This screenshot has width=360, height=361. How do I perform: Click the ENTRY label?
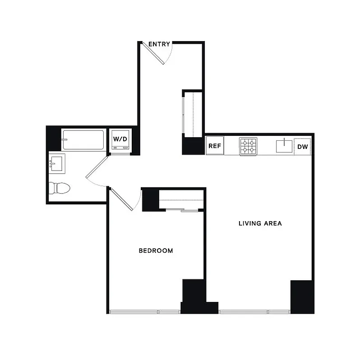tap(159, 44)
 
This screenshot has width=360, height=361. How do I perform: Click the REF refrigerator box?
tap(215, 146)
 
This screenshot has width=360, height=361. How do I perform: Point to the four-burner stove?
tap(248, 146)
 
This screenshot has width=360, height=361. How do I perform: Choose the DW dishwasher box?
tap(303, 146)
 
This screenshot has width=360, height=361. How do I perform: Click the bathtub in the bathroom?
tap(84, 139)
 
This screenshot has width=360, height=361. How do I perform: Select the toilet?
tap(59, 187)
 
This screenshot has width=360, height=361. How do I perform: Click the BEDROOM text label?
tap(156, 251)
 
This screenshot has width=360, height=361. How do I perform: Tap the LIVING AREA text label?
tap(260, 223)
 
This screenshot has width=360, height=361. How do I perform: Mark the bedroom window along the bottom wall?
tap(144, 311)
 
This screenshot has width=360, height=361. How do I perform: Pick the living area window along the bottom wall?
tap(255, 311)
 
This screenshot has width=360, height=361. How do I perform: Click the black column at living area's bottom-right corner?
tap(302, 296)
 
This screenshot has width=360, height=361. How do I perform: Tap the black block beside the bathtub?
tap(54, 138)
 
